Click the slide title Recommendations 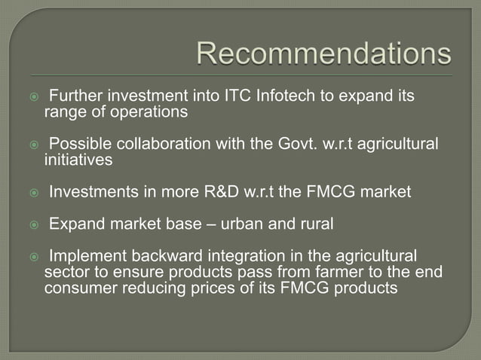pyautogui.click(x=324, y=53)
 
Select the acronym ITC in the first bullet pyautogui.click(x=219, y=97)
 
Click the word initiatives pyautogui.click(x=78, y=160)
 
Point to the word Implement pyautogui.click(x=89, y=257)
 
